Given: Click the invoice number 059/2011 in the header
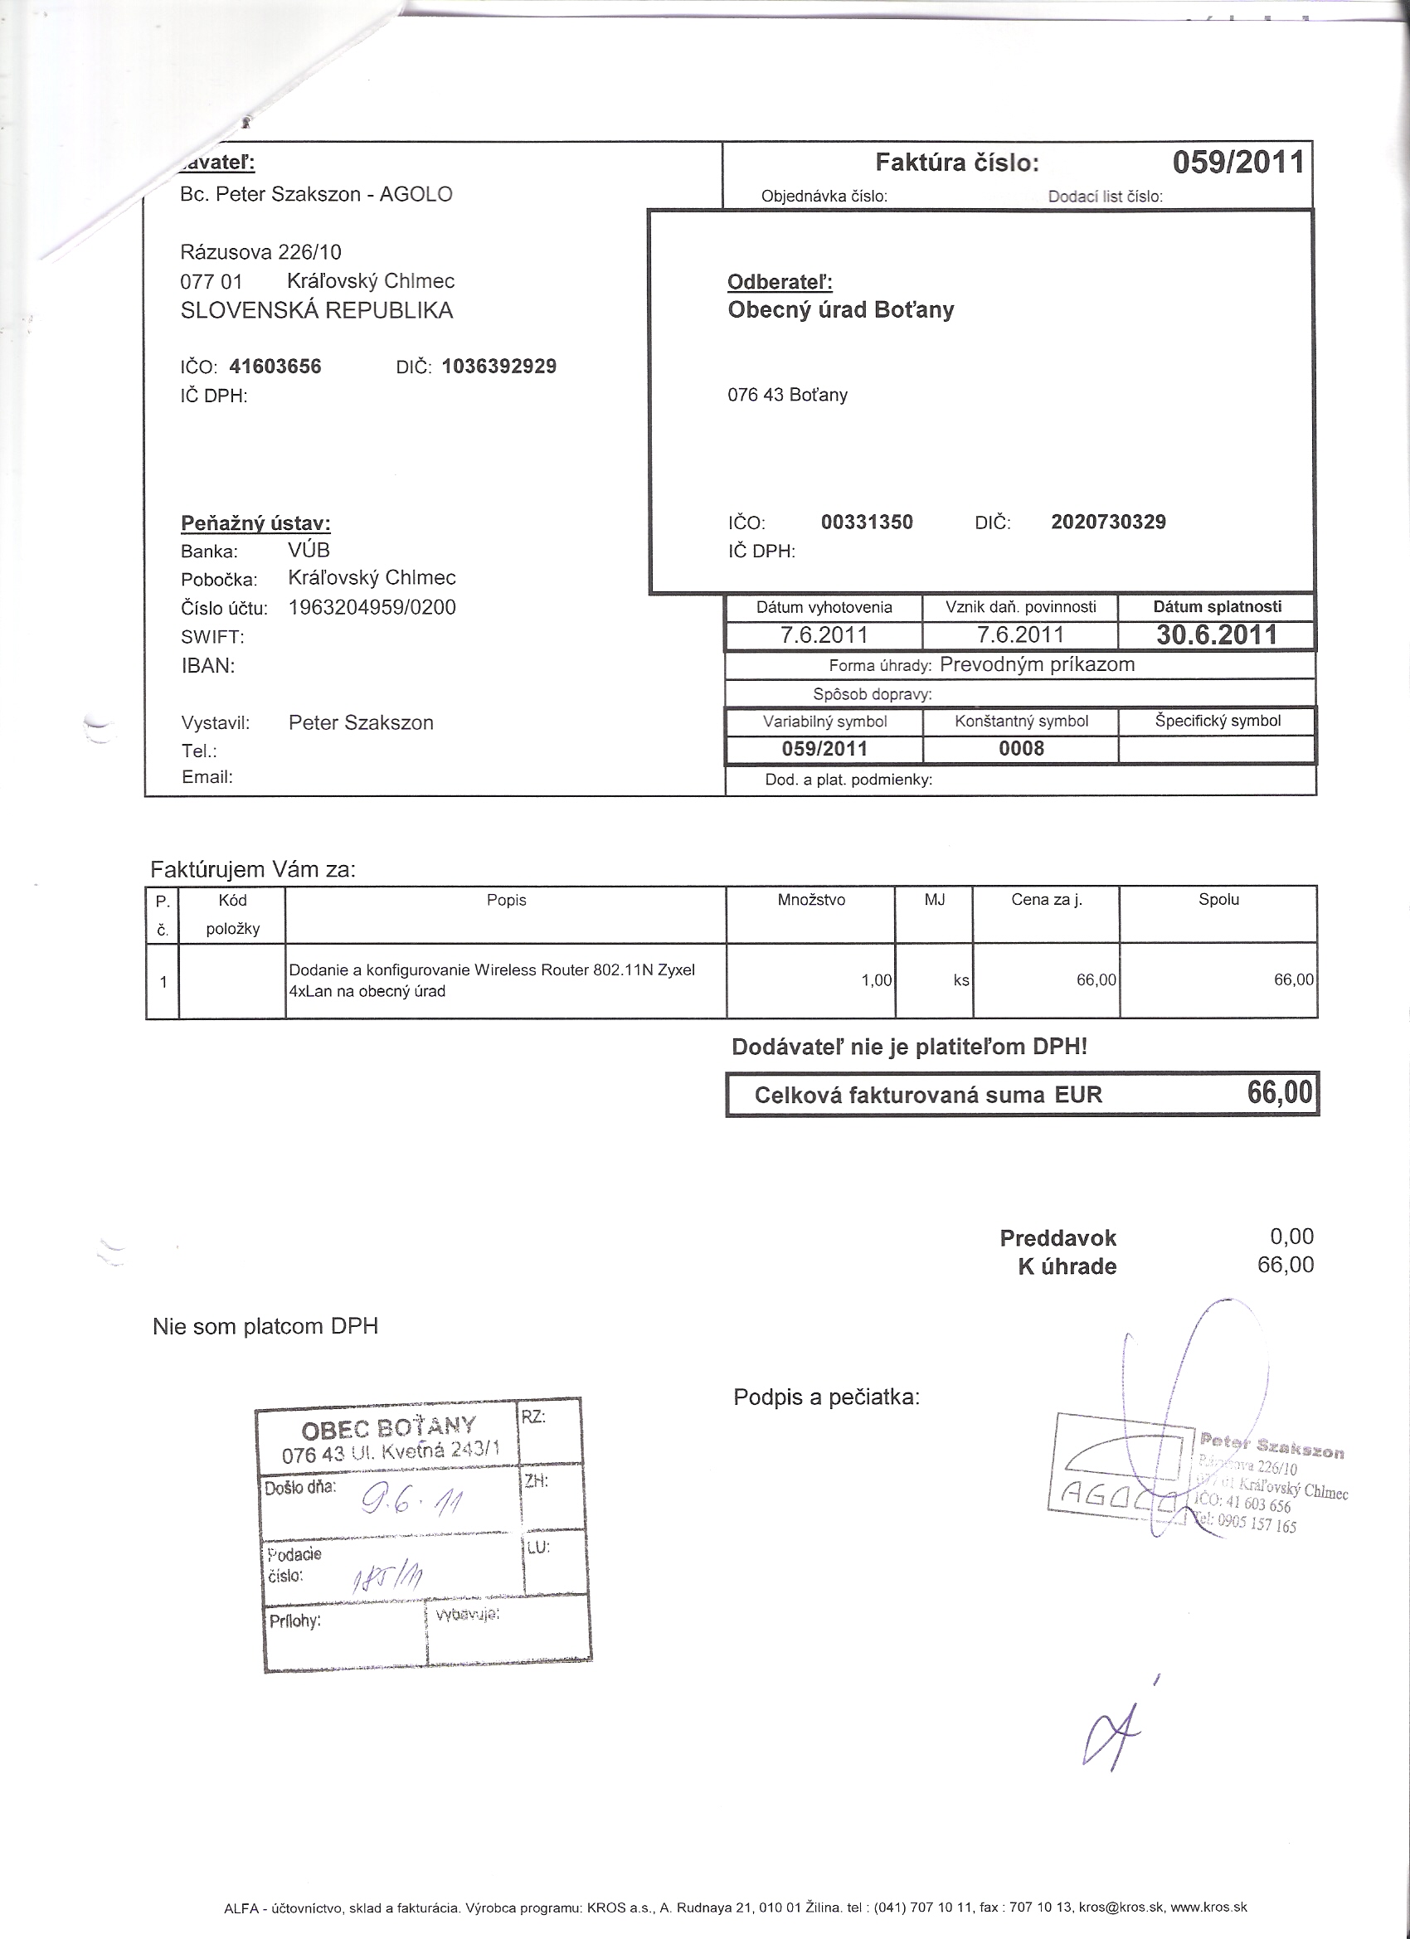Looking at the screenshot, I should [1237, 163].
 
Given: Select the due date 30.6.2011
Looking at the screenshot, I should [1216, 634].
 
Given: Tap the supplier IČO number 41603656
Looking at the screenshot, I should [275, 367].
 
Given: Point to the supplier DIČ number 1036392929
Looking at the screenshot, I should [499, 367].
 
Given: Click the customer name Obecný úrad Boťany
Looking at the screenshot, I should [840, 309].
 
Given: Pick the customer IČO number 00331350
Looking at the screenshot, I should [866, 522].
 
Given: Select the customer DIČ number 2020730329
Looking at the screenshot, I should [1108, 522].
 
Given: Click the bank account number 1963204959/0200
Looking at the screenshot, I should [372, 608].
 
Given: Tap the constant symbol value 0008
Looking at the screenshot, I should [1021, 749].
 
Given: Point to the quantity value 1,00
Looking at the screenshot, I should [877, 980].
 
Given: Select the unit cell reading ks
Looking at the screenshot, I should [961, 980].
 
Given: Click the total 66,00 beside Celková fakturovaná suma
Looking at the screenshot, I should [1279, 1093].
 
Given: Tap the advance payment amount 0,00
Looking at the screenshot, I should [1291, 1237].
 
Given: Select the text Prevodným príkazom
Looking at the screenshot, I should [1036, 665].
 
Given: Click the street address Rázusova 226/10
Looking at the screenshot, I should [260, 252].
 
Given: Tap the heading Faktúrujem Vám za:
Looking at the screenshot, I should [252, 870].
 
